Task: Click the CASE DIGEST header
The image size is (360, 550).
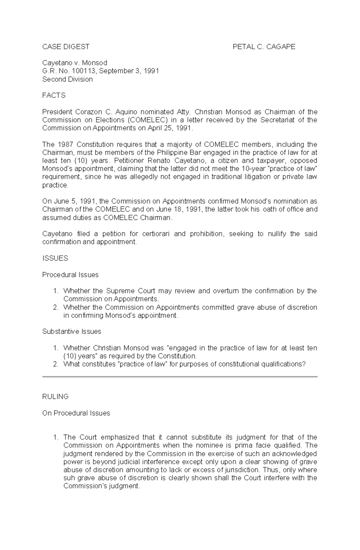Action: point(66,46)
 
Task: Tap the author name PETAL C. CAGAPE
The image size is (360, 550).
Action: point(264,46)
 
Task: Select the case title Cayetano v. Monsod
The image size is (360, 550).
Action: point(74,63)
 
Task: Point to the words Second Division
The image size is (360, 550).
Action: point(67,79)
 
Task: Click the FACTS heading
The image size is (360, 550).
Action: point(54,96)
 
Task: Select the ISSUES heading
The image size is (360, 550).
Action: point(55,258)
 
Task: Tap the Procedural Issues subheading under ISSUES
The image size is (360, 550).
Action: point(70,275)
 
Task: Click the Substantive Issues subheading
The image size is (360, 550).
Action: point(71,331)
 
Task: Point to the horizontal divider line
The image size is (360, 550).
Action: point(180,377)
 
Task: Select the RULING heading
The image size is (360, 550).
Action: point(55,397)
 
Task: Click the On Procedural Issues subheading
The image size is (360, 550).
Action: point(76,413)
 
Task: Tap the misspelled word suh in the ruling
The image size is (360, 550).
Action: point(68,478)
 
